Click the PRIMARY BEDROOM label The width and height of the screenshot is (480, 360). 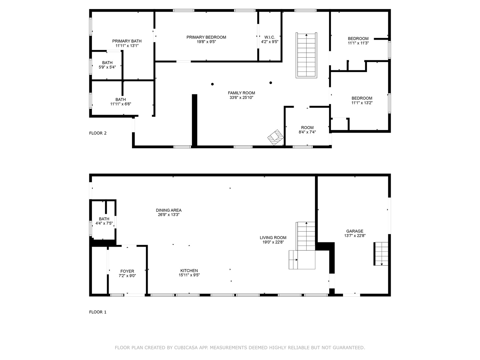click(x=206, y=37)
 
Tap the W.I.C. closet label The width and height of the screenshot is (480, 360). click(x=269, y=37)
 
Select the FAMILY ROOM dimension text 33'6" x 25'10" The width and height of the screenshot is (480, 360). click(x=241, y=97)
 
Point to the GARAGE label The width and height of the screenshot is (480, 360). click(x=354, y=231)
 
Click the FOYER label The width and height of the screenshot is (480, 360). click(x=127, y=271)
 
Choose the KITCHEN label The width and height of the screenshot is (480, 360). click(x=189, y=271)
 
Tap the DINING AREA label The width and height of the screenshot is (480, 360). click(x=169, y=210)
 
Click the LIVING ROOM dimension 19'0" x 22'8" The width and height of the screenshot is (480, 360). click(x=273, y=242)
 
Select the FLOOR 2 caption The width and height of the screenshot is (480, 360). click(x=98, y=133)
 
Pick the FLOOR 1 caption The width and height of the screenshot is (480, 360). click(x=98, y=312)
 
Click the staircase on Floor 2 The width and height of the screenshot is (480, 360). click(x=306, y=55)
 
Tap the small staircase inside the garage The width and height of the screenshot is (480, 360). click(x=381, y=254)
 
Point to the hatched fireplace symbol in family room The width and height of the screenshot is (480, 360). click(x=276, y=137)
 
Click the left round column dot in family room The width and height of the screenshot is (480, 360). click(x=212, y=84)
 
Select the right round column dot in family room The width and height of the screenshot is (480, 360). click(x=271, y=83)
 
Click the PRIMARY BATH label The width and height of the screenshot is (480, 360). click(x=127, y=41)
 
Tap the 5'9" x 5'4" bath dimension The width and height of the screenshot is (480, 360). click(x=107, y=67)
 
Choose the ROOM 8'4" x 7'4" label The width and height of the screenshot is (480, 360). click(x=307, y=130)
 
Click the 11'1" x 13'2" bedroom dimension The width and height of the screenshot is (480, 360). click(x=362, y=103)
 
